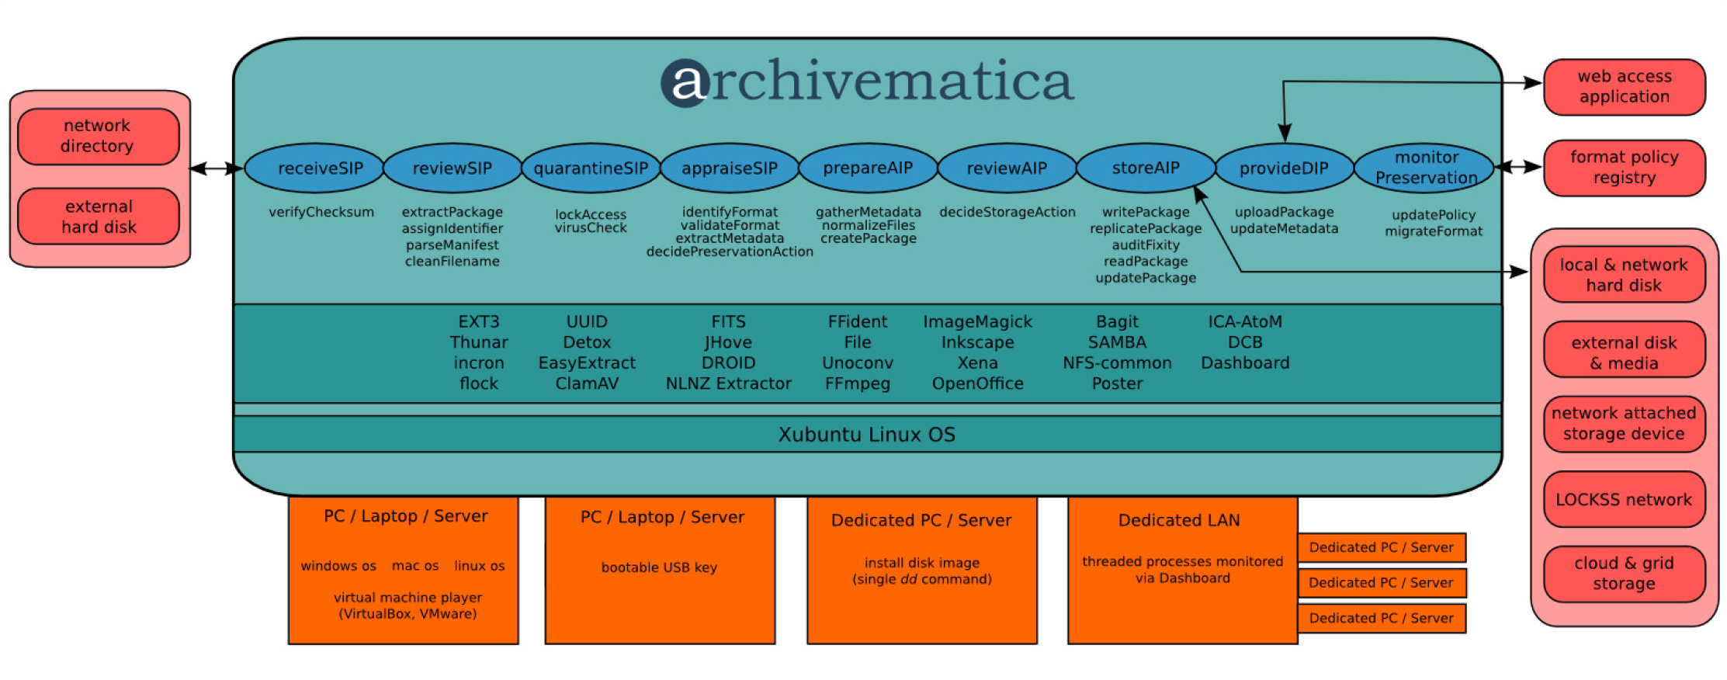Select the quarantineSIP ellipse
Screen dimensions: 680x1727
591,168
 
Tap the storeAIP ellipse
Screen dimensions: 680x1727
1146,168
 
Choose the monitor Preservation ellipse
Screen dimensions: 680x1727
1425,168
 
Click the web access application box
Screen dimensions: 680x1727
1624,87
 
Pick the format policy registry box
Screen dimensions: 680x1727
1624,168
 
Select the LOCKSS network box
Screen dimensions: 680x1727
1624,500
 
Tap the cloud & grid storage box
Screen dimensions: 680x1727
1624,574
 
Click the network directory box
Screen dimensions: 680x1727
98,136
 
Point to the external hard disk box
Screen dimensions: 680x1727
98,217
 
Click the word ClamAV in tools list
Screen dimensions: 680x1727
587,383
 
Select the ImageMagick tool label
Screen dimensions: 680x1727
977,321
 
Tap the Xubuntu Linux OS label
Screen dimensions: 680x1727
866,435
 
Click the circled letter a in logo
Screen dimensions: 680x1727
685,83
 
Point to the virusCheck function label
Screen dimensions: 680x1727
591,228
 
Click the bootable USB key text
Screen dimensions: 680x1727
659,567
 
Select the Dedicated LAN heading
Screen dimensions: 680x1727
1179,520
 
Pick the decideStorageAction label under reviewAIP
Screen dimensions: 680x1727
1007,212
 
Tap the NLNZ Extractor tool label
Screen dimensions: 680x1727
728,383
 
